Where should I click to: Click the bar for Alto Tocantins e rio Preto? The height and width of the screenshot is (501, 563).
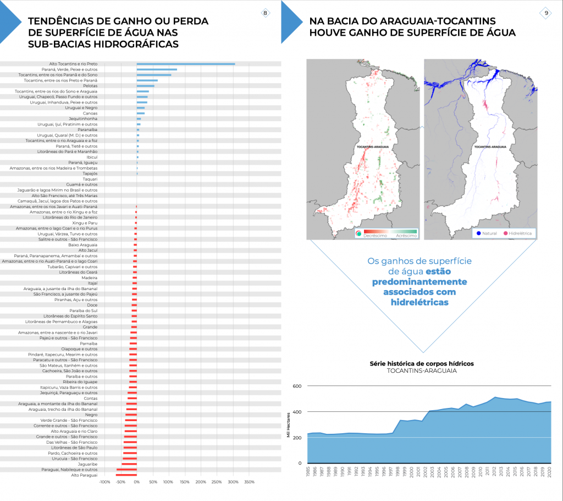pos(186,64)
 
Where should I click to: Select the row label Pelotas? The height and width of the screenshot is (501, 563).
pos(90,86)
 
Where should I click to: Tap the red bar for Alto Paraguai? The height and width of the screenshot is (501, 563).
pos(126,475)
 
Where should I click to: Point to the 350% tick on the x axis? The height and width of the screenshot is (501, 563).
pos(249,482)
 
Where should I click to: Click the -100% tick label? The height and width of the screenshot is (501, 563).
pos(104,482)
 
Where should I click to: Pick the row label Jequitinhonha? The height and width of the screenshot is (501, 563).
pos(83,119)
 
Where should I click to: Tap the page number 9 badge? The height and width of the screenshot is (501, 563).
pos(546,13)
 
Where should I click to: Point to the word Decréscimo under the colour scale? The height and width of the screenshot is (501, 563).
pos(376,236)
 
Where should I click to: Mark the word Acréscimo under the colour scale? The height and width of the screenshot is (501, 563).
pos(406,236)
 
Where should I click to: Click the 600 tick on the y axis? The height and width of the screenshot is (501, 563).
pos(297,386)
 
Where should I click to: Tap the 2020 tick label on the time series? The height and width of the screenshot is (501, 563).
pos(550,474)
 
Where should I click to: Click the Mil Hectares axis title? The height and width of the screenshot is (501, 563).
pos(288,424)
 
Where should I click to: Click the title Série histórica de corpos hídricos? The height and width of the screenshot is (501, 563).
pos(422,363)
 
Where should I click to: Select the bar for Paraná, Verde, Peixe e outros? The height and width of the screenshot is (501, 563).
pos(157,69)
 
